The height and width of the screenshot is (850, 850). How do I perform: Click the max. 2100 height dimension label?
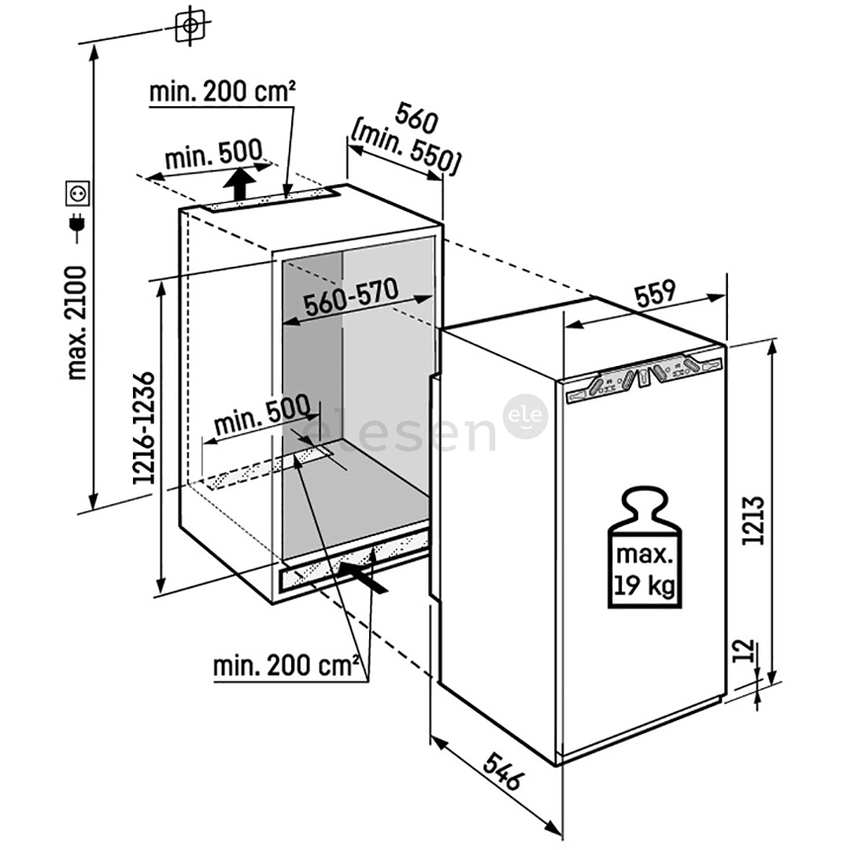pyautogui.click(x=76, y=323)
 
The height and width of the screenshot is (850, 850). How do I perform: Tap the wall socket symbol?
pyautogui.click(x=77, y=194)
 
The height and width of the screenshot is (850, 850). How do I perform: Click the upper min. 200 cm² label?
pyautogui.click(x=222, y=92)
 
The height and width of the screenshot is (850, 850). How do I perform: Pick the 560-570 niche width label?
pyautogui.click(x=351, y=297)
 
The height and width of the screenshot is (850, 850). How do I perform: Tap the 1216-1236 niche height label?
pyautogui.click(x=144, y=428)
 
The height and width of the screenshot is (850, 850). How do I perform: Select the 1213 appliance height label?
pyautogui.click(x=753, y=520)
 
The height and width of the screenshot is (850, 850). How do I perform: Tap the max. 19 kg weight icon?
pyautogui.click(x=645, y=547)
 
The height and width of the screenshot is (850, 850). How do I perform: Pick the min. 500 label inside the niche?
pyautogui.click(x=263, y=416)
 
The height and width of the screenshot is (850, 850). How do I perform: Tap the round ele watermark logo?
pyautogui.click(x=525, y=416)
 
